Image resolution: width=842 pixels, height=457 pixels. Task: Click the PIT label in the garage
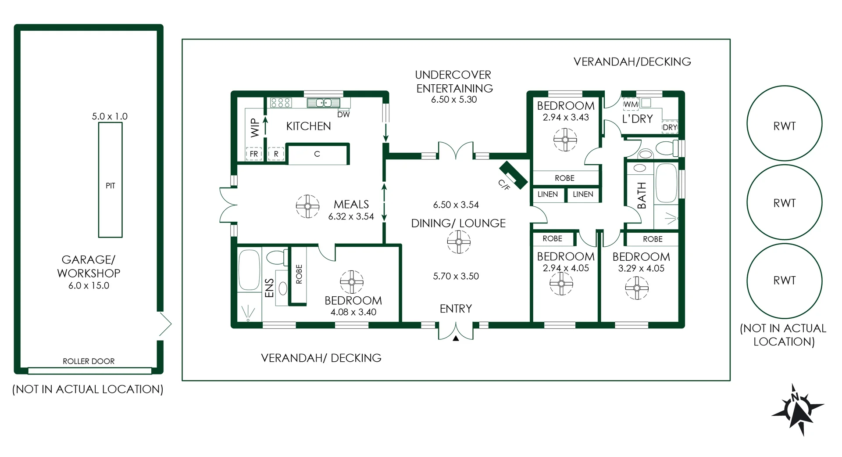pyautogui.click(x=110, y=186)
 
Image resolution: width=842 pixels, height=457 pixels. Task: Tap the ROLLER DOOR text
pyautogui.click(x=89, y=361)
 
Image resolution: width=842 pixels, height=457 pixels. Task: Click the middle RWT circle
pyautogui.click(x=784, y=203)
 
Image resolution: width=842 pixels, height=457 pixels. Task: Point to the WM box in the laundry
pyautogui.click(x=631, y=104)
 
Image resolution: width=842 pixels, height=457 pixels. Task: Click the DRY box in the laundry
pyautogui.click(x=670, y=127)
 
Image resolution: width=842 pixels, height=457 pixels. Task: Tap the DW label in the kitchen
pyautogui.click(x=343, y=115)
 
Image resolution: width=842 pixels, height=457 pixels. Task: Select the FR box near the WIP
pyautogui.click(x=254, y=154)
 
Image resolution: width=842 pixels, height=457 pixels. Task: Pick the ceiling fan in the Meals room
pyautogui.click(x=307, y=206)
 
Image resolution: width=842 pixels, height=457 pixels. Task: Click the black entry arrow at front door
pyautogui.click(x=456, y=338)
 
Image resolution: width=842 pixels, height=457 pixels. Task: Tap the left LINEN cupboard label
pyautogui.click(x=548, y=194)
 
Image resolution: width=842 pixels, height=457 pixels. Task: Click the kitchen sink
pyautogui.click(x=324, y=103)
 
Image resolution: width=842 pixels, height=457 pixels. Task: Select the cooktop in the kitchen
pyautogui.click(x=280, y=103)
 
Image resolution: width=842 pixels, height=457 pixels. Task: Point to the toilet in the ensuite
pyautogui.click(x=276, y=257)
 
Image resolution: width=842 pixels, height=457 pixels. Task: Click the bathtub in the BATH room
pyautogui.click(x=666, y=184)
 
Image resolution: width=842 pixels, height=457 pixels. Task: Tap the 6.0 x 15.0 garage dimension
pyautogui.click(x=89, y=285)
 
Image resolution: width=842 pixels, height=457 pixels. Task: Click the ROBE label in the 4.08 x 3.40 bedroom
pyautogui.click(x=299, y=274)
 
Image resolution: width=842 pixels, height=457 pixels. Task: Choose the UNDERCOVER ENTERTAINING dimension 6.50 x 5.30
pyautogui.click(x=454, y=100)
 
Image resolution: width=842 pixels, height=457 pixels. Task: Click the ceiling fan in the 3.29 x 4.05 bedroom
pyautogui.click(x=637, y=288)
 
